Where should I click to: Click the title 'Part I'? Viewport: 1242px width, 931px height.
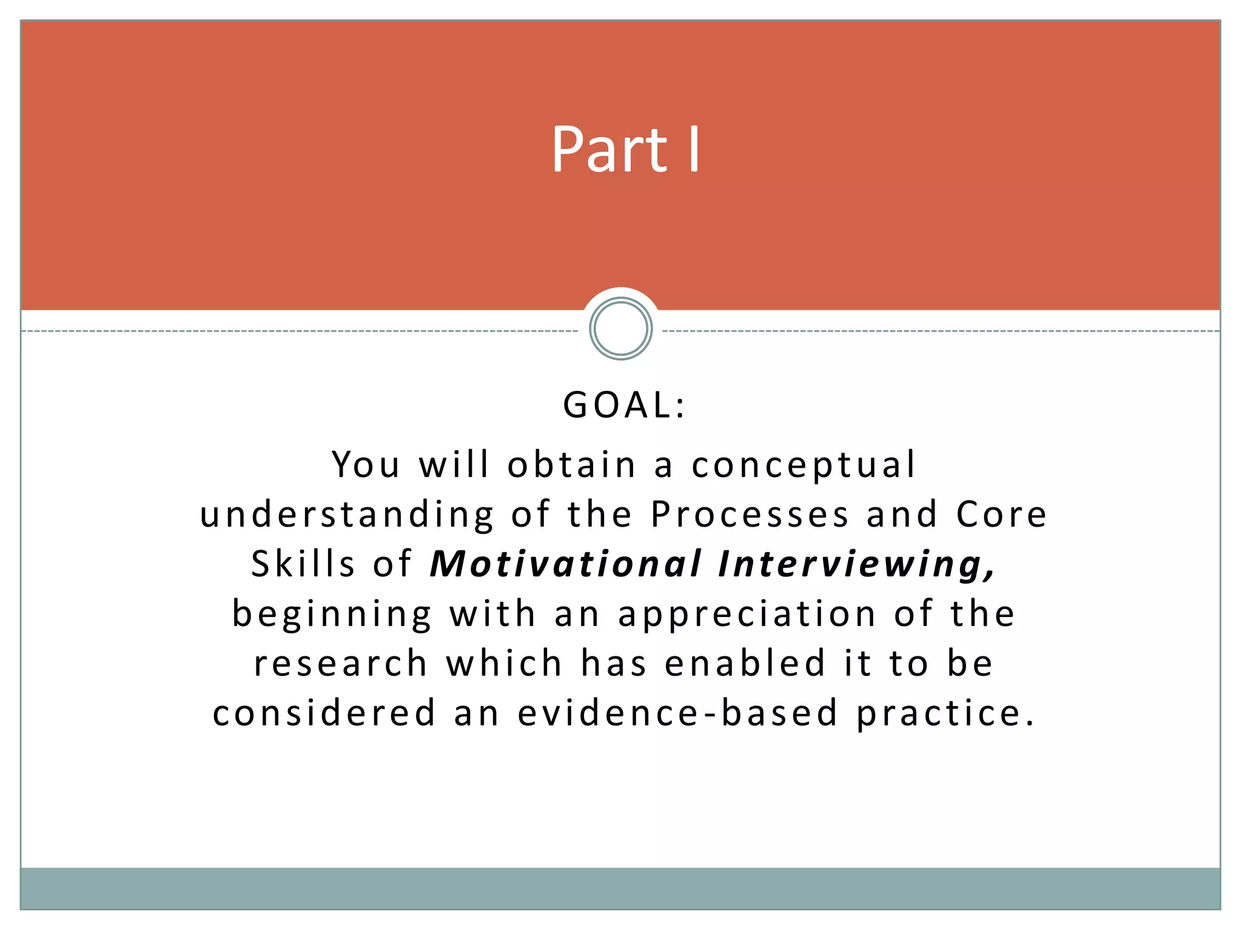625,149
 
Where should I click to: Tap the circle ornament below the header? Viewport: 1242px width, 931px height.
620,329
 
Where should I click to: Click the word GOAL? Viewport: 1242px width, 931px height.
624,405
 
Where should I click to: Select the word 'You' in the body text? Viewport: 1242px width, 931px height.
366,465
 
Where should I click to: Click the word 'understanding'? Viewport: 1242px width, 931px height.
347,515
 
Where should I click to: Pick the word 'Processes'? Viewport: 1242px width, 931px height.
750,515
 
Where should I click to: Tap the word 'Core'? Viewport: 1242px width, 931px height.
1001,515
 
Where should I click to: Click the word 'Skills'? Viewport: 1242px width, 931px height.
303,564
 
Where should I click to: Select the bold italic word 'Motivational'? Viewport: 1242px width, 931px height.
566,564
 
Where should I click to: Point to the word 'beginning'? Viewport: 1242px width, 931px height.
332,615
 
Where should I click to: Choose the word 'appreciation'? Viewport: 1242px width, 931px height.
747,615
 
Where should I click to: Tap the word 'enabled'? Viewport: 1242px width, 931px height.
745,663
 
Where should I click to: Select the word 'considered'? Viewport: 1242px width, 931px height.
324,713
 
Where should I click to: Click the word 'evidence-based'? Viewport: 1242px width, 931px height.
677,713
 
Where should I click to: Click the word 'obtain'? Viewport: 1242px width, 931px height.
572,465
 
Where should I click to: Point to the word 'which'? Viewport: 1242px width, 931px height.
505,663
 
